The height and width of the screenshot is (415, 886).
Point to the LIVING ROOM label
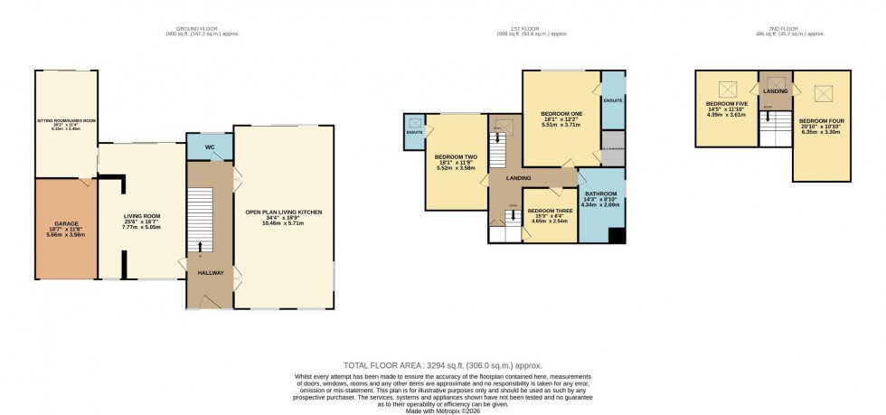pos(143,216)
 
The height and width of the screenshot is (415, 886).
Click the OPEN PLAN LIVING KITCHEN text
pos(283,212)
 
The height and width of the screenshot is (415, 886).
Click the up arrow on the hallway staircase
pos(200,245)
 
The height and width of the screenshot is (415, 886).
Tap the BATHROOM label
pos(600,193)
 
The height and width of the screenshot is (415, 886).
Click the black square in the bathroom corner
pos(617,236)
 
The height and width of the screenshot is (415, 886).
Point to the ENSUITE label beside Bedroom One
pos(613,100)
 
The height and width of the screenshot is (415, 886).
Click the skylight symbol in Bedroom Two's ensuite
pos(414,124)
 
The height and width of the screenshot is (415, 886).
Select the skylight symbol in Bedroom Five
pos(726,89)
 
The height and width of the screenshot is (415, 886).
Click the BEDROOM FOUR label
pos(820,120)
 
